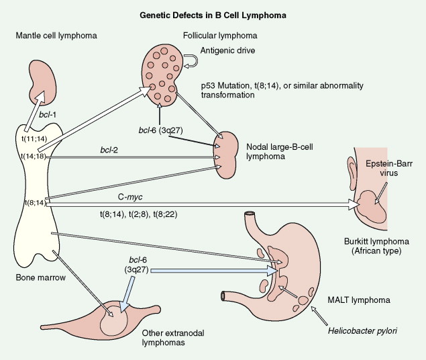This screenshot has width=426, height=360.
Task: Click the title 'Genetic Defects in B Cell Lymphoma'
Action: (213, 13)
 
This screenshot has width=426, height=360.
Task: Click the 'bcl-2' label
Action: (106, 150)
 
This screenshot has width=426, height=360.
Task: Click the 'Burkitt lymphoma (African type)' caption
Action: (379, 248)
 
